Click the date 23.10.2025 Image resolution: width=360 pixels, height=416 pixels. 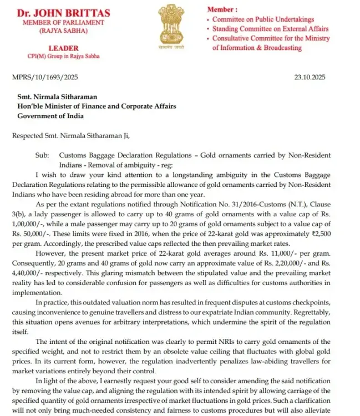313,78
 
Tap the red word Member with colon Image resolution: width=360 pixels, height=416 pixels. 222,9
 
